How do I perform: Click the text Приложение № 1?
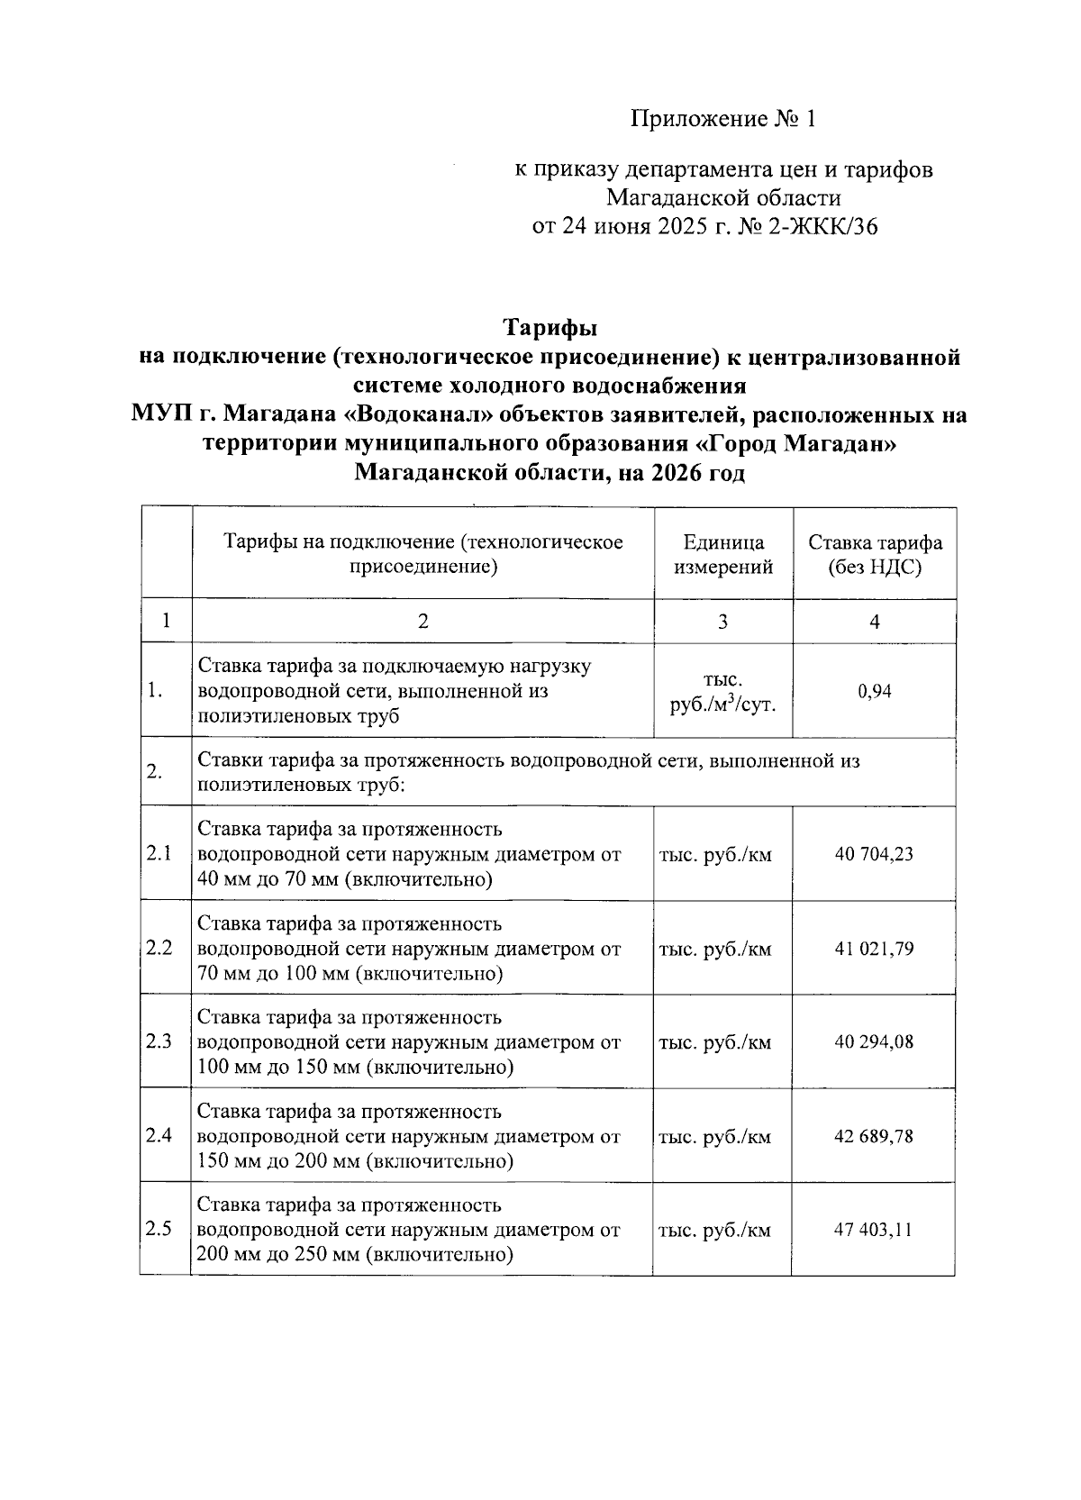click(x=722, y=119)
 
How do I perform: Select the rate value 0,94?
click(x=874, y=691)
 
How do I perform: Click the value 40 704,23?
click(x=874, y=854)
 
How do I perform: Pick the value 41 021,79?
click(x=874, y=949)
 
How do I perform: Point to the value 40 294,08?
click(x=874, y=1042)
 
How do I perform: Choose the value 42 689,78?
click(x=874, y=1136)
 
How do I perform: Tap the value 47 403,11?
click(x=874, y=1230)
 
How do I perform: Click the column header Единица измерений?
click(x=723, y=555)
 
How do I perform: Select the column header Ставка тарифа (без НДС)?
click(x=875, y=555)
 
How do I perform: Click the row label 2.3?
click(x=159, y=1042)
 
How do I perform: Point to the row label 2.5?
click(x=159, y=1230)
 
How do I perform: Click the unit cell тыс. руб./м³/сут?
click(x=723, y=692)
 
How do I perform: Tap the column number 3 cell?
click(x=723, y=622)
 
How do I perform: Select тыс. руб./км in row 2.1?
click(x=716, y=855)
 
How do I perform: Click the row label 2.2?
click(x=159, y=949)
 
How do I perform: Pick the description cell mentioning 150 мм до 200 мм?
click(x=409, y=1136)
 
